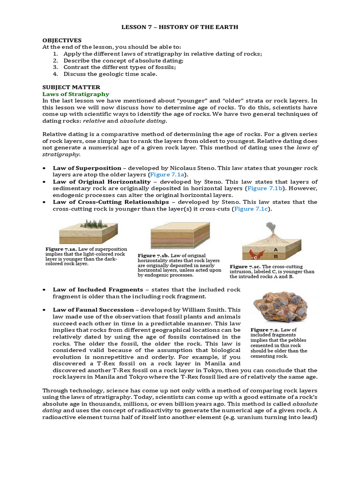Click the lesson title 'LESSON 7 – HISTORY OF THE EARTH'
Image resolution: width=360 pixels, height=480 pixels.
click(x=180, y=27)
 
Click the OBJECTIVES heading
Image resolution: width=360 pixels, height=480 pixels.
click(x=62, y=40)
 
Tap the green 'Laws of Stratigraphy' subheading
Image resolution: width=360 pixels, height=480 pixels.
click(x=72, y=94)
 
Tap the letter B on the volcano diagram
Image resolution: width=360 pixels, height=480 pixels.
click(x=276, y=256)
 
